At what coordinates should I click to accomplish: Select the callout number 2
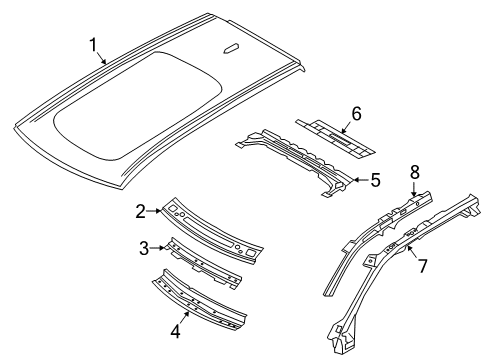tap(141, 209)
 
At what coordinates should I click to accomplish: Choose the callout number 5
tap(375, 181)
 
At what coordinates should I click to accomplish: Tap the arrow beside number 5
tap(360, 181)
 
